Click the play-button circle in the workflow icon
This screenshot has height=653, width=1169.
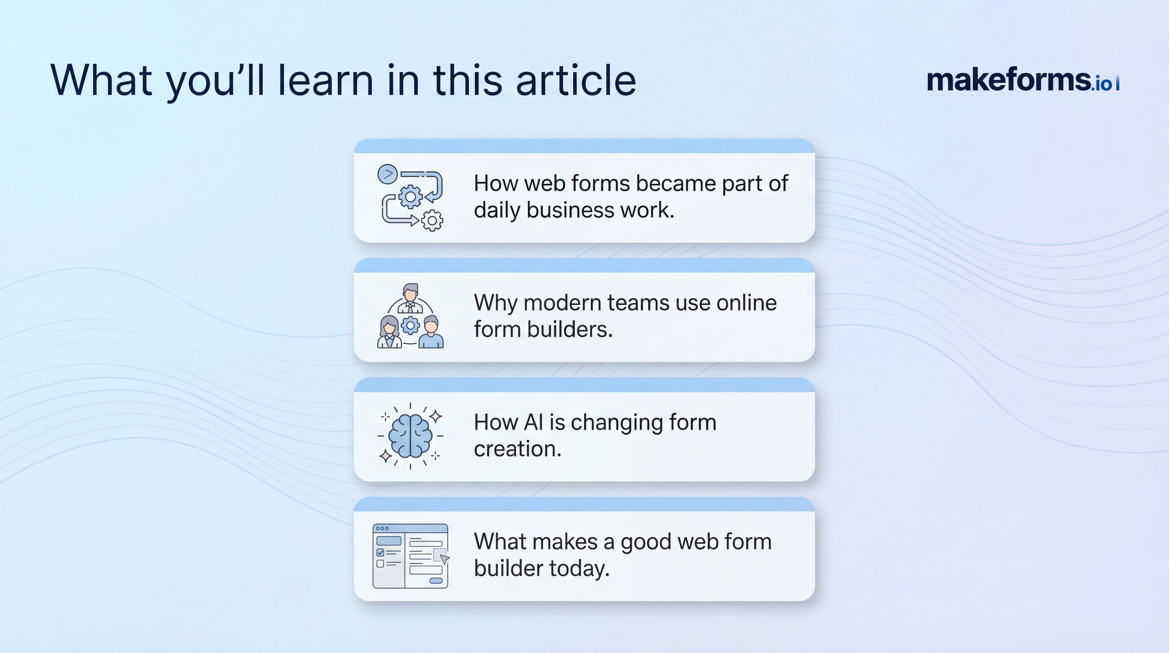pos(388,174)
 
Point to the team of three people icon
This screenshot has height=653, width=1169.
pos(410,316)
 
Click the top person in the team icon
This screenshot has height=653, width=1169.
pos(410,298)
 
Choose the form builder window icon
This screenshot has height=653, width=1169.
pos(410,556)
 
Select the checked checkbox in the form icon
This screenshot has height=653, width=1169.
pos(380,552)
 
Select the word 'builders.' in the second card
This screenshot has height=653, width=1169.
pos(569,329)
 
